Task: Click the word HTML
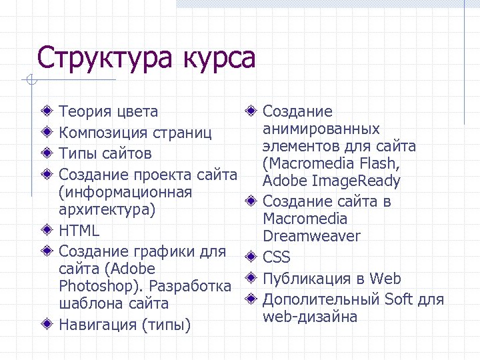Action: [79, 231]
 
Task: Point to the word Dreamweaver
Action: [311, 236]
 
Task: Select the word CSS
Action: [277, 257]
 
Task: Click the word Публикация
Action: [307, 279]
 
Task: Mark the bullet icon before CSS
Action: [250, 257]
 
